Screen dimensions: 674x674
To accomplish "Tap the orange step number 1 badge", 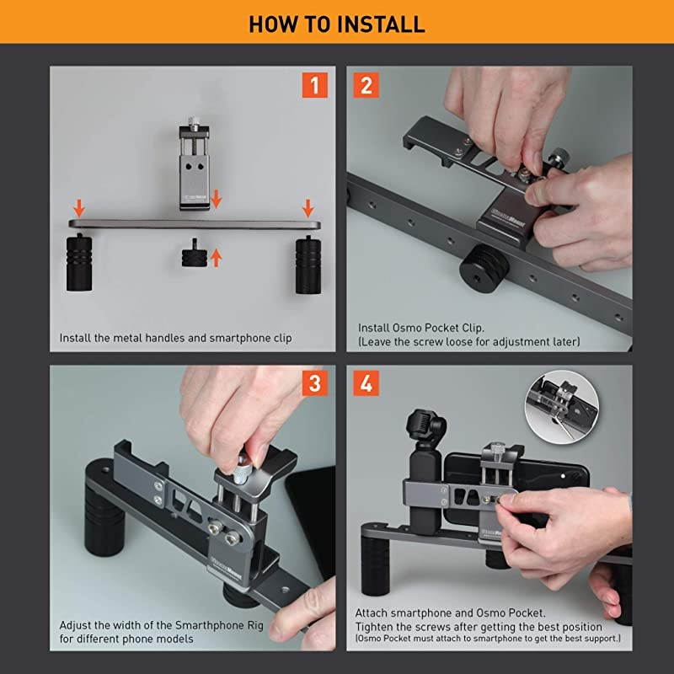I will click(x=315, y=86).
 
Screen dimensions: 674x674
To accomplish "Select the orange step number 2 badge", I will click(x=366, y=86).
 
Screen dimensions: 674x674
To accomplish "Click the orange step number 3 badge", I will click(x=315, y=383).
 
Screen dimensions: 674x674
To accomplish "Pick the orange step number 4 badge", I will click(x=366, y=383).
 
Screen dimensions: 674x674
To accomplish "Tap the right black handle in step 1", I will click(x=308, y=264).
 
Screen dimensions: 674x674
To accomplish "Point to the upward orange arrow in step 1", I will click(x=216, y=256).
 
